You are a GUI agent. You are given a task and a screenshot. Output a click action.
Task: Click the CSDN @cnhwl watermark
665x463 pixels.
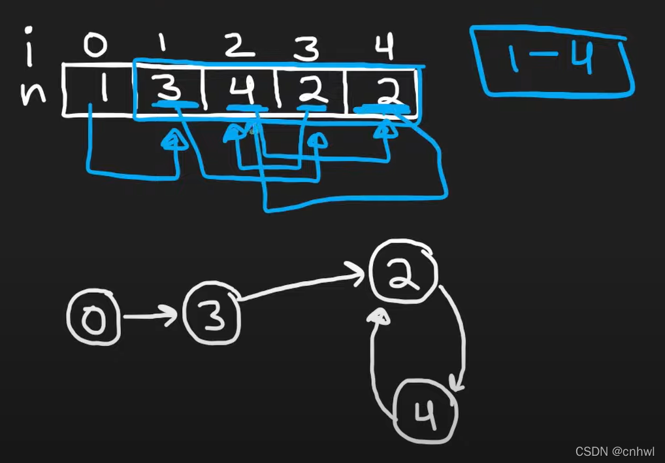(x=615, y=451)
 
